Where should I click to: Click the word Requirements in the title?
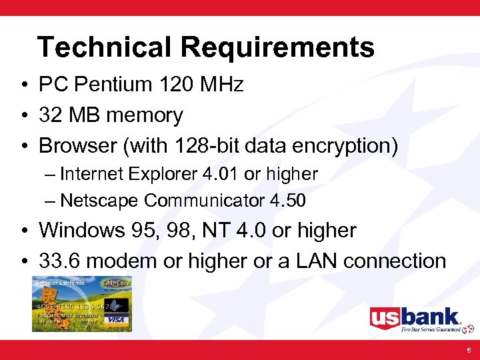pyautogui.click(x=277, y=48)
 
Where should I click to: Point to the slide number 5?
pyautogui.click(x=469, y=349)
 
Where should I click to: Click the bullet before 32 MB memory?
pyautogui.click(x=23, y=116)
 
